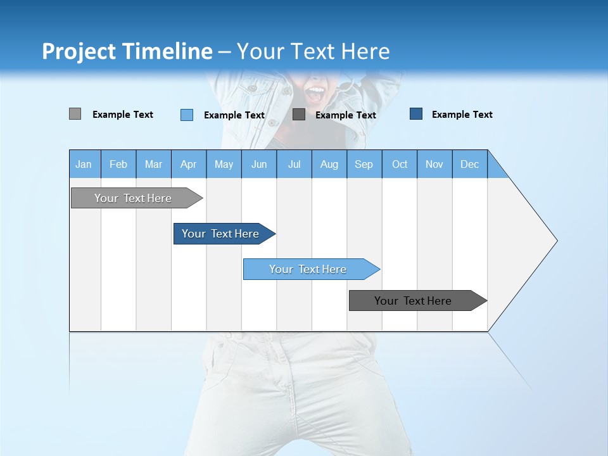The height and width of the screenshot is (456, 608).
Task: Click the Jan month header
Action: tap(84, 165)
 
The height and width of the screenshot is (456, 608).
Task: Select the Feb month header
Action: tap(118, 165)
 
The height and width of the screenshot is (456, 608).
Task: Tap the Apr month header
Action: tap(189, 165)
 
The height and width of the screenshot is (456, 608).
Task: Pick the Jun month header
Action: tap(259, 165)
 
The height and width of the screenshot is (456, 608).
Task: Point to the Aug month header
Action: tap(329, 165)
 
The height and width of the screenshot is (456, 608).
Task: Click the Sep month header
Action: tap(364, 165)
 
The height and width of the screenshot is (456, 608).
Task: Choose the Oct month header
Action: tap(400, 165)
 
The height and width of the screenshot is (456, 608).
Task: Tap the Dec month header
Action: tap(470, 165)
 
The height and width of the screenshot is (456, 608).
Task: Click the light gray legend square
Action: tap(75, 114)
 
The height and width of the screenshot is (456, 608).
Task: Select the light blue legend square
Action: tap(186, 115)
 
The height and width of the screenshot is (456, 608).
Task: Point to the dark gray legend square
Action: tap(299, 115)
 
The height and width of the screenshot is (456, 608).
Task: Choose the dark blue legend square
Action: tap(416, 114)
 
